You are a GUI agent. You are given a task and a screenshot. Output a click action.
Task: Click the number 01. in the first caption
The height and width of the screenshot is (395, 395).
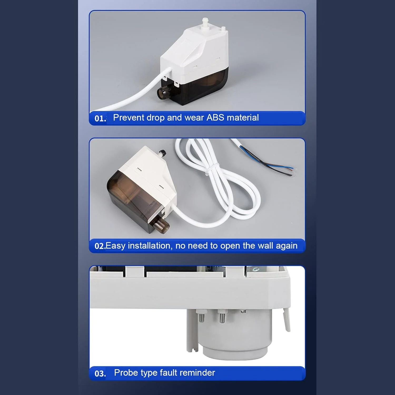[x=100, y=118]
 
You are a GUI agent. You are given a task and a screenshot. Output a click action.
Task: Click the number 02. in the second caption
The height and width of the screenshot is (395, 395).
[x=100, y=246]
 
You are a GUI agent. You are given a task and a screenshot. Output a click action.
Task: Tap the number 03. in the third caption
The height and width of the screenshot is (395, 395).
[x=100, y=374]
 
